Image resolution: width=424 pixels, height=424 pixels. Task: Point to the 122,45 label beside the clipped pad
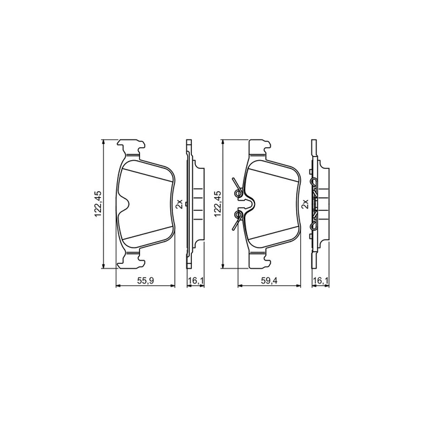217,204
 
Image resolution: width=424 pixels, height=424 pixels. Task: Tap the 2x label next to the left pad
179,204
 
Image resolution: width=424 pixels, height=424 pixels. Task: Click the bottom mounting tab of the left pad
132,260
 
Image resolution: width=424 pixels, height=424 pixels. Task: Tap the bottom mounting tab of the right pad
259,260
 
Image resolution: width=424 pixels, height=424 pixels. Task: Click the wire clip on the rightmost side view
314,205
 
